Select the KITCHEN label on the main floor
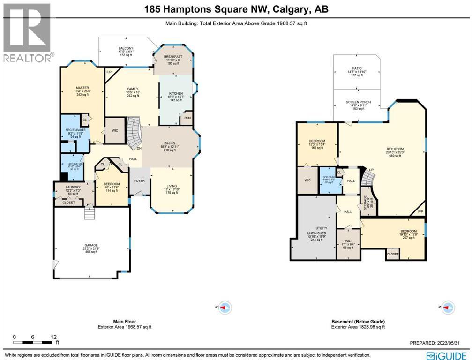click(x=176, y=94)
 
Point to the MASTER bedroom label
click(x=82, y=88)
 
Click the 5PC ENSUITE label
click(x=75, y=130)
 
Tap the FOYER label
click(x=139, y=180)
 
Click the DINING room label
click(x=169, y=145)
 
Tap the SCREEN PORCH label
click(x=359, y=102)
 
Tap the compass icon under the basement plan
click(x=449, y=307)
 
